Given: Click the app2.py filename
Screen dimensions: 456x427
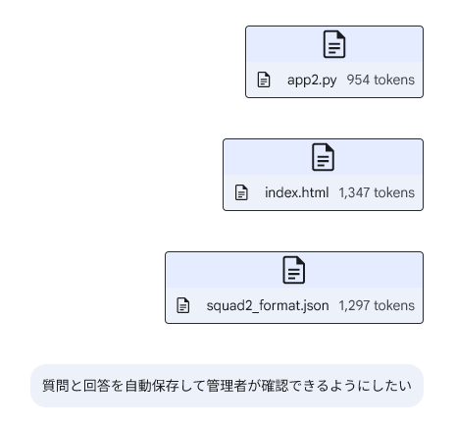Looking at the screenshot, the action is tap(312, 80).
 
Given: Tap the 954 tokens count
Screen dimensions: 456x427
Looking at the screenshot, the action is tap(380, 80).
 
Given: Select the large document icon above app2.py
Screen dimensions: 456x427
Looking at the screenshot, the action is tap(334, 44).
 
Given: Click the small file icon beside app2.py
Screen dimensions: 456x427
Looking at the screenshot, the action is tap(264, 80).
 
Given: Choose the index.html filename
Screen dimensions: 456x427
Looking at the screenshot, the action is tap(297, 192).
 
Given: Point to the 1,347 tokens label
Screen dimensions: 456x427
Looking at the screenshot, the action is tap(377, 192).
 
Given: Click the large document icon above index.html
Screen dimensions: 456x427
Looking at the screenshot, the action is tap(323, 157).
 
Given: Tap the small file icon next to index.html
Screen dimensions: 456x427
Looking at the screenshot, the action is tap(241, 192).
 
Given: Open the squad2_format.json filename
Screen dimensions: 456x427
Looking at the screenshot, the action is tap(268, 305).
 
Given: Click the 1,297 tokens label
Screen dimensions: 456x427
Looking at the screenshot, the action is tap(377, 305).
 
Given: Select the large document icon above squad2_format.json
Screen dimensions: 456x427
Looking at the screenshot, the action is tap(294, 270).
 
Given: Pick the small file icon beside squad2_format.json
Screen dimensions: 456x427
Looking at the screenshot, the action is tap(183, 305).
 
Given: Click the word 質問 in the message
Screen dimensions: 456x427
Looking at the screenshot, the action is tap(56, 386).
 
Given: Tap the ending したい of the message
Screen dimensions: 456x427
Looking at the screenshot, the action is tap(391, 386).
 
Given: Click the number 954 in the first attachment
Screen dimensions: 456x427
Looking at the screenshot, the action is tap(358, 80).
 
